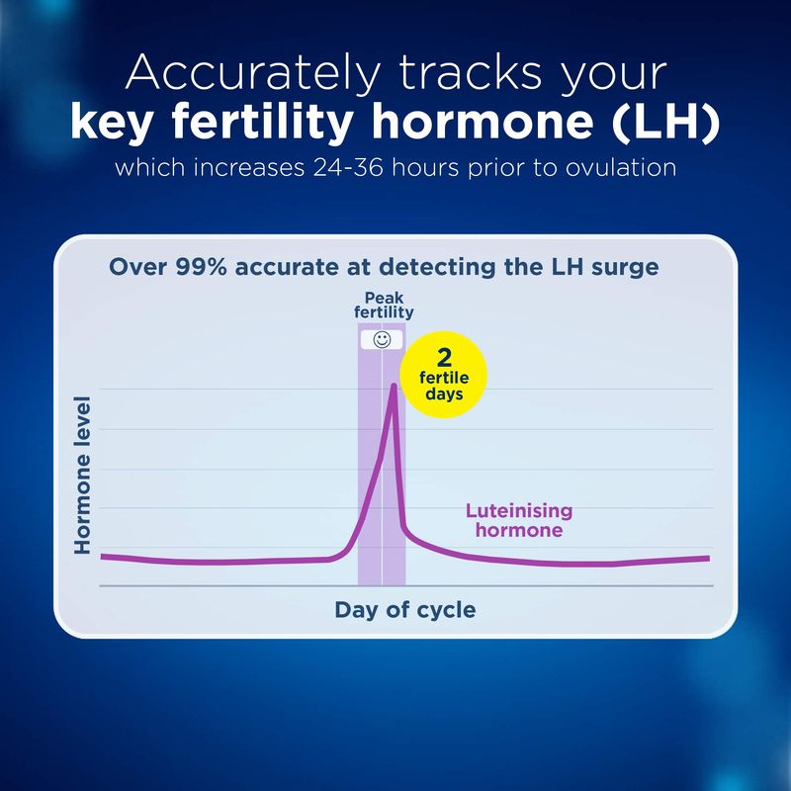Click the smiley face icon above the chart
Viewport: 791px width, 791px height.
382,340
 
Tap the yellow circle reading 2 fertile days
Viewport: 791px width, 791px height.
443,375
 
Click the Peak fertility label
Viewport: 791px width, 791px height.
384,306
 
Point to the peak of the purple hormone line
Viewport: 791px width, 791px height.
394,386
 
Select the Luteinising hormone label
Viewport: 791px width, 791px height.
519,520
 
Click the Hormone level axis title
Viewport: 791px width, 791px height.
82,476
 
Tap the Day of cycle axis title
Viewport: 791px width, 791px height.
405,610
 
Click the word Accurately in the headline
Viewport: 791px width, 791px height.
252,74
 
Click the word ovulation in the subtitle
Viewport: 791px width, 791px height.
621,167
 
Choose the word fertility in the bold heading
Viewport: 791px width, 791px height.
262,123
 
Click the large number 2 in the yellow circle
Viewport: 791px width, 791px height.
444,358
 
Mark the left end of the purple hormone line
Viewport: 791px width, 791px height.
102,557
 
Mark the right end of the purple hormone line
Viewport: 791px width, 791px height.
709,559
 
